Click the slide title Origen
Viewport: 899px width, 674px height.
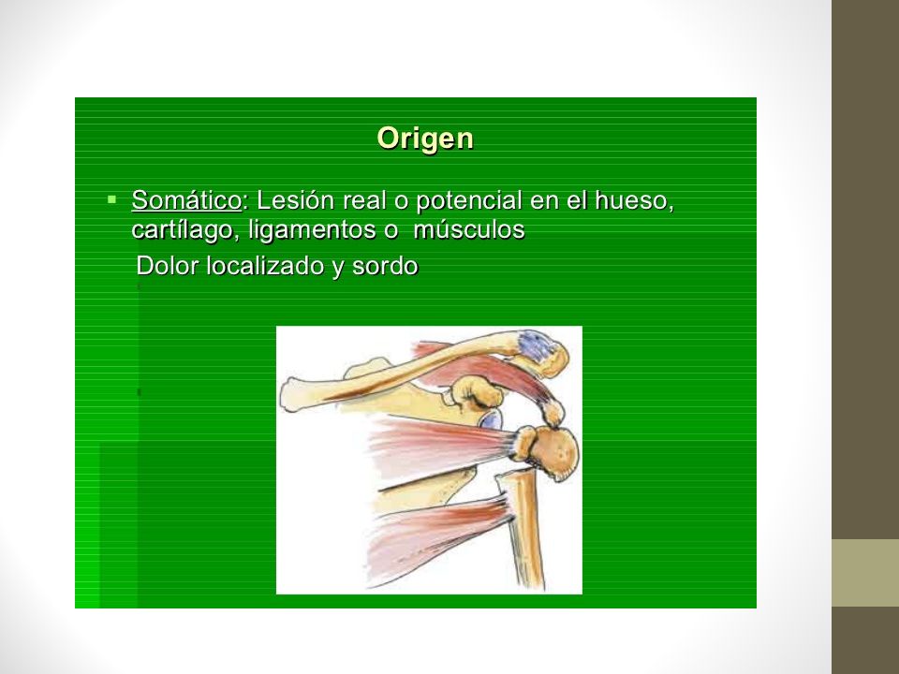point(425,139)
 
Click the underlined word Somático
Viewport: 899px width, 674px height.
point(186,200)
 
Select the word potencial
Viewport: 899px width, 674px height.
point(469,201)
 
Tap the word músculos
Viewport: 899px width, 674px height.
point(468,229)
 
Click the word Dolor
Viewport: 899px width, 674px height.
point(168,265)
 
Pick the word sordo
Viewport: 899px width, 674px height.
point(385,265)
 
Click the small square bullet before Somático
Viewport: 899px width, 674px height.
point(111,200)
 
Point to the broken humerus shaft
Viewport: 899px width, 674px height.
point(523,528)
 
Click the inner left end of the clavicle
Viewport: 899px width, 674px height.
point(289,394)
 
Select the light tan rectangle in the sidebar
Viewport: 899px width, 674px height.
point(865,573)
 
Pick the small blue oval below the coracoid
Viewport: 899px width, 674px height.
point(491,421)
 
